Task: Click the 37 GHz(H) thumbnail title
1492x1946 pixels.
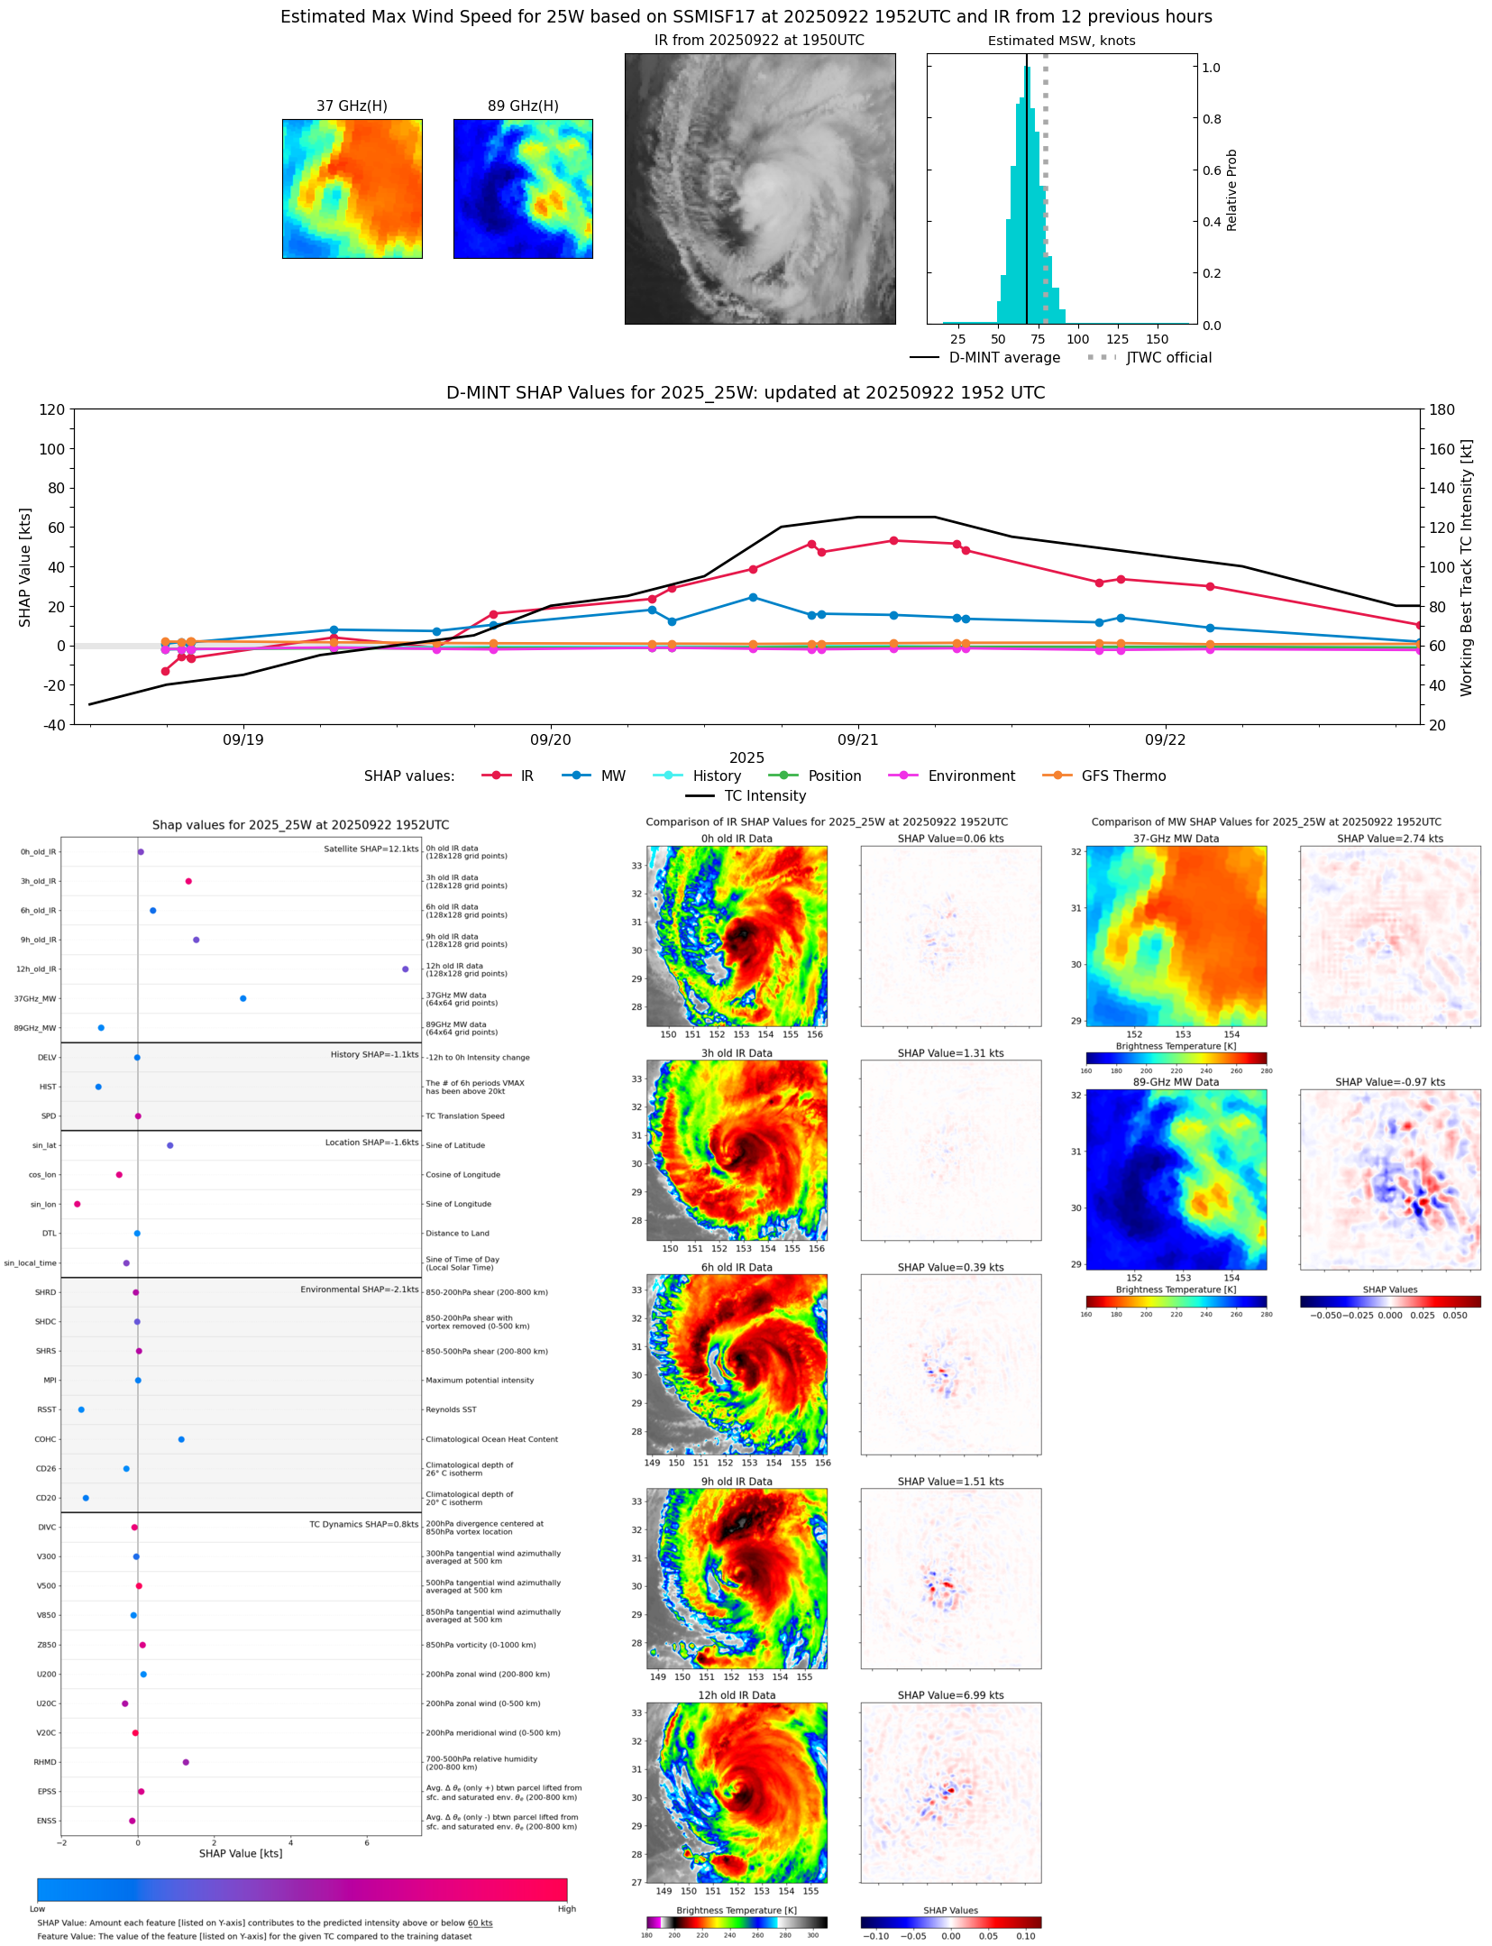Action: click(352, 106)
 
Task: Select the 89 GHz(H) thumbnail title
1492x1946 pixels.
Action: click(523, 106)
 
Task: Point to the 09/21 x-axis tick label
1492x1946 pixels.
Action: click(857, 740)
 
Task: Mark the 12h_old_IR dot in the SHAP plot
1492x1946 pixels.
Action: click(406, 969)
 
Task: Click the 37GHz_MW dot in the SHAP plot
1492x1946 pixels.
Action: click(243, 998)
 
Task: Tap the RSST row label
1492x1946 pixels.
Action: click(46, 1409)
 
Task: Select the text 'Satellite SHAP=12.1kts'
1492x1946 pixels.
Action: click(371, 849)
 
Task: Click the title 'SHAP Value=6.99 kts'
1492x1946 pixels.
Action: click(950, 1695)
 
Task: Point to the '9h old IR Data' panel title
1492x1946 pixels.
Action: click(737, 1482)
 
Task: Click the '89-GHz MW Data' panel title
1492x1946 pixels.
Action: click(1176, 1082)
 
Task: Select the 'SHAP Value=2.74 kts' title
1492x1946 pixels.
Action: click(1389, 839)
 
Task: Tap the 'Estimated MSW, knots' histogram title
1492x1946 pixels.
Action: click(1061, 41)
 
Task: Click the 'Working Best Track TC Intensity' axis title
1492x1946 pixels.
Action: click(1467, 568)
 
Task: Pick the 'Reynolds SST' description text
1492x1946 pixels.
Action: click(451, 1409)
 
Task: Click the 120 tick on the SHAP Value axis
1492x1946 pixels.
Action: click(51, 410)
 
